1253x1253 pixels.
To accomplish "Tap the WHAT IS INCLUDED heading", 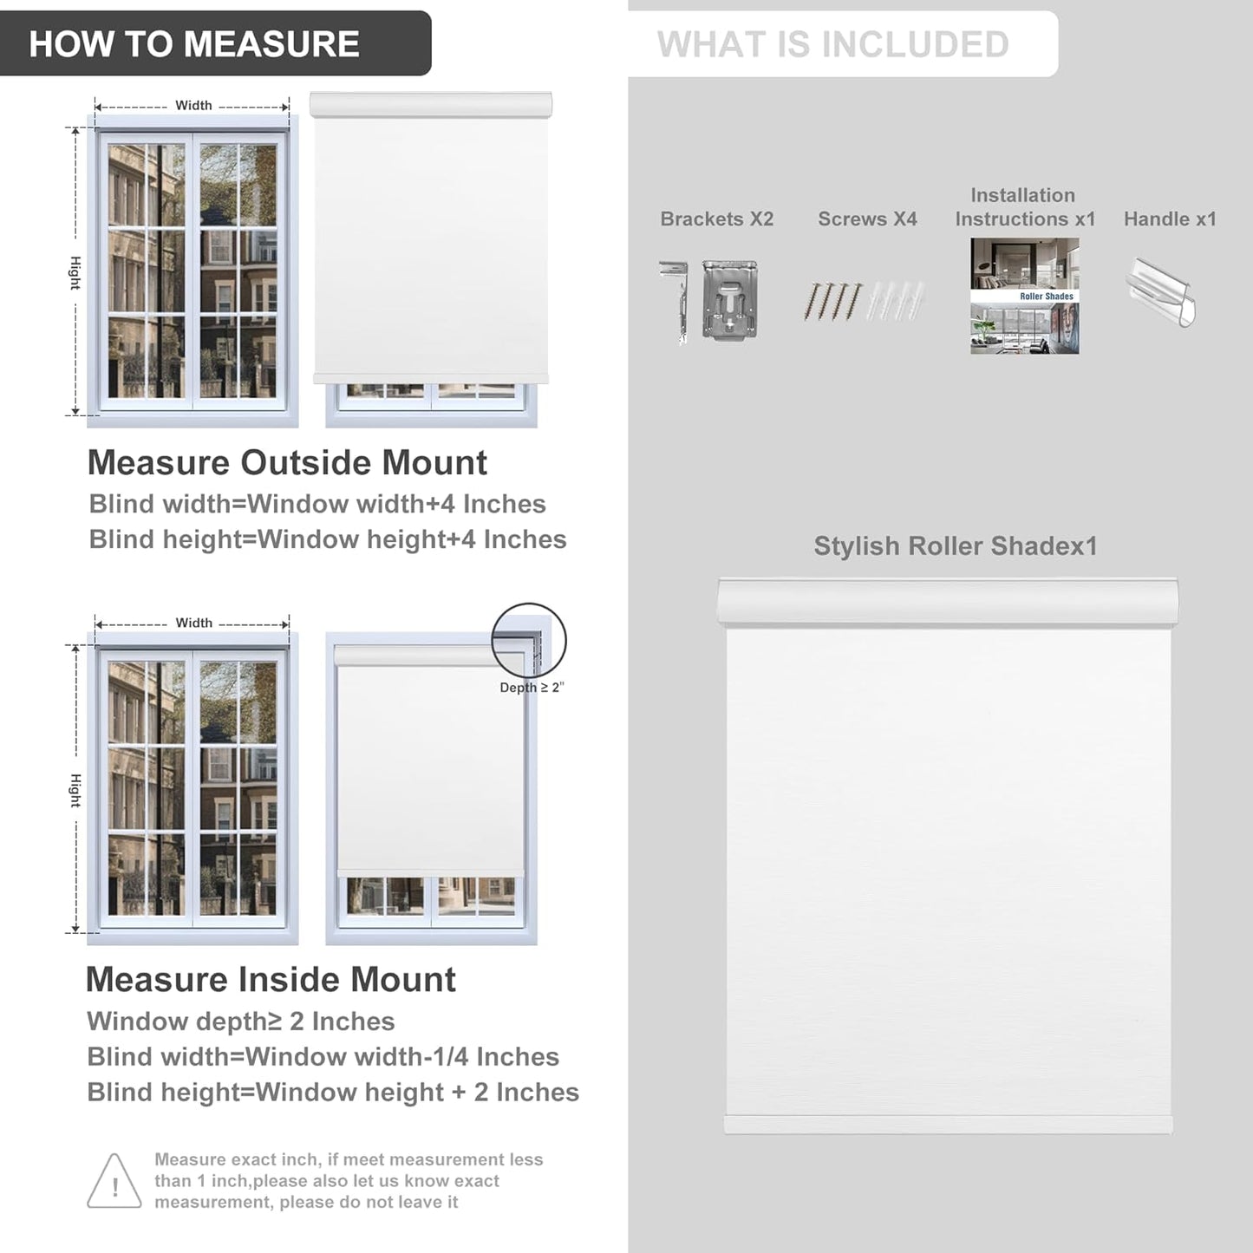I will (x=832, y=44).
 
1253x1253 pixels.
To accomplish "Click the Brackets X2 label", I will (x=716, y=219).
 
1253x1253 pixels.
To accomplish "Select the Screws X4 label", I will (x=867, y=219).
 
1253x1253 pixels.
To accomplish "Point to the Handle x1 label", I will (x=1170, y=219).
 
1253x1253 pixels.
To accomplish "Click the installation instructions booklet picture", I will (x=1024, y=296).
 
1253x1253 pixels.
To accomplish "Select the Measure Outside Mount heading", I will (x=287, y=463).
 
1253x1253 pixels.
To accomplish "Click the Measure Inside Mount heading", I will (x=271, y=980).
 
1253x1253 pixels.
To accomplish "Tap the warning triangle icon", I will (x=114, y=1181).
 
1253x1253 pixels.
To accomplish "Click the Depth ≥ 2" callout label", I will (x=532, y=688).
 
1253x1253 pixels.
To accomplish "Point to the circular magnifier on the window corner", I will (x=529, y=641).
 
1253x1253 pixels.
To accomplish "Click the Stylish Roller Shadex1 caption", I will (x=956, y=546).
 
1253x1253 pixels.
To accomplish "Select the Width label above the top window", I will (x=193, y=105).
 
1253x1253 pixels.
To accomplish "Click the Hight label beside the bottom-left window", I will (x=75, y=790).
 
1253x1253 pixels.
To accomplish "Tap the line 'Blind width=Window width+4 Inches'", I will (x=317, y=504).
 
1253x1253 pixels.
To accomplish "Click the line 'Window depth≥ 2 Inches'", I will (x=241, y=1021).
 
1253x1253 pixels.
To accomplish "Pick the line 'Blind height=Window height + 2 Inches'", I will (x=333, y=1093).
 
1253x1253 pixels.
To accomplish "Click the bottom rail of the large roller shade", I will (x=948, y=1125).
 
